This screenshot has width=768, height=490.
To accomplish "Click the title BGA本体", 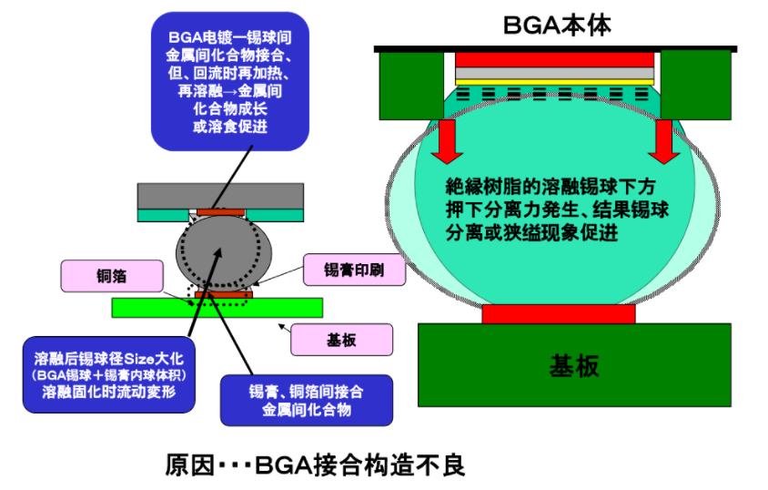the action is click(x=557, y=26).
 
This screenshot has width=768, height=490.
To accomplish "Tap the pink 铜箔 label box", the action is click(x=112, y=276).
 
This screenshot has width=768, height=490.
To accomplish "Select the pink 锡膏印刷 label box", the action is click(x=354, y=270).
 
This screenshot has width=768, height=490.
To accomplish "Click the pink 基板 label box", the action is click(x=341, y=340).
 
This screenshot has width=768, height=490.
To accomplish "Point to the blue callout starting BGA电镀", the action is click(x=229, y=81).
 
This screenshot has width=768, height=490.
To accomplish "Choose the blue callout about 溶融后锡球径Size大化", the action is click(x=108, y=375).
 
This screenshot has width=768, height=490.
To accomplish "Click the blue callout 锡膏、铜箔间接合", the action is click(x=306, y=401).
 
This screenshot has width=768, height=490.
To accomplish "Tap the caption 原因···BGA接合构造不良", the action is click(x=315, y=464).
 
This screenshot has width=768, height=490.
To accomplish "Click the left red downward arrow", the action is click(x=447, y=141).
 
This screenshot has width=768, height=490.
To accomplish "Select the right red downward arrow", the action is click(x=663, y=141).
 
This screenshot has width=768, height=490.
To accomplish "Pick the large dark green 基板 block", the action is click(x=574, y=365).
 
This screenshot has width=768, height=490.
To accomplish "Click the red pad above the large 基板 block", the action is click(x=559, y=314).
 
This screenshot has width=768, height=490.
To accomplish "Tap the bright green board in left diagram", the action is click(x=217, y=308).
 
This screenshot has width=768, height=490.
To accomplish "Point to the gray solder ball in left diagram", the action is click(x=223, y=253).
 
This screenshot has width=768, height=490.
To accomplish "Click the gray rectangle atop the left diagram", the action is click(x=220, y=196).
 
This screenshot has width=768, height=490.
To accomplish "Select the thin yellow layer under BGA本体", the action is click(x=554, y=82).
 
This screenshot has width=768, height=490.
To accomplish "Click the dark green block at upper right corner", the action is click(x=695, y=86).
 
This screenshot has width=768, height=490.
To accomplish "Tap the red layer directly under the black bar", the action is click(x=554, y=60).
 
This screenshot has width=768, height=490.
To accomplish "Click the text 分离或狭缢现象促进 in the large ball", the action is click(x=531, y=232).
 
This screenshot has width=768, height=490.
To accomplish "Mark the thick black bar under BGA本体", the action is click(x=555, y=49).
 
